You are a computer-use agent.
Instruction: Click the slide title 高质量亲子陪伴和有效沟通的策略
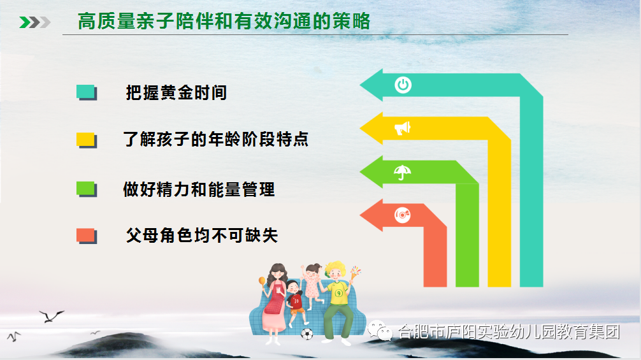(x=224, y=21)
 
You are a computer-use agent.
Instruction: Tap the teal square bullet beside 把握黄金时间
(x=86, y=92)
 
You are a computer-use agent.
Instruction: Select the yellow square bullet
(x=86, y=140)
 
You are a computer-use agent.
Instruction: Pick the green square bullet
(x=86, y=189)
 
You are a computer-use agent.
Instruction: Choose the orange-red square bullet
(x=86, y=236)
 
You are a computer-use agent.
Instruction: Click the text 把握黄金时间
(x=176, y=93)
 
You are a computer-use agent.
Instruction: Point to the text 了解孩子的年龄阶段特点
(x=215, y=140)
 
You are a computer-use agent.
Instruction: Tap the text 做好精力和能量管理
(x=199, y=190)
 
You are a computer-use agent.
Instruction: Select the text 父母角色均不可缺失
(x=202, y=235)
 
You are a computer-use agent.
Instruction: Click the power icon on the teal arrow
(x=403, y=85)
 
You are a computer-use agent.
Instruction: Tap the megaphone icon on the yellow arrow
(x=402, y=128)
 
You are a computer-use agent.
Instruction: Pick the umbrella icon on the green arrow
(x=402, y=172)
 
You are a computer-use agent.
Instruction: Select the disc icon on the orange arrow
(x=403, y=215)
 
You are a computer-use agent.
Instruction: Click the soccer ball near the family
(x=306, y=335)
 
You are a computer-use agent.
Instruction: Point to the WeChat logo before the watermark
(x=380, y=331)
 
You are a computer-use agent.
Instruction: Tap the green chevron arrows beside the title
(x=35, y=22)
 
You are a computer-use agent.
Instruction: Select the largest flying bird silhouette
(x=52, y=316)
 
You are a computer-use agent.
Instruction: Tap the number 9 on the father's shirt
(x=338, y=293)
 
